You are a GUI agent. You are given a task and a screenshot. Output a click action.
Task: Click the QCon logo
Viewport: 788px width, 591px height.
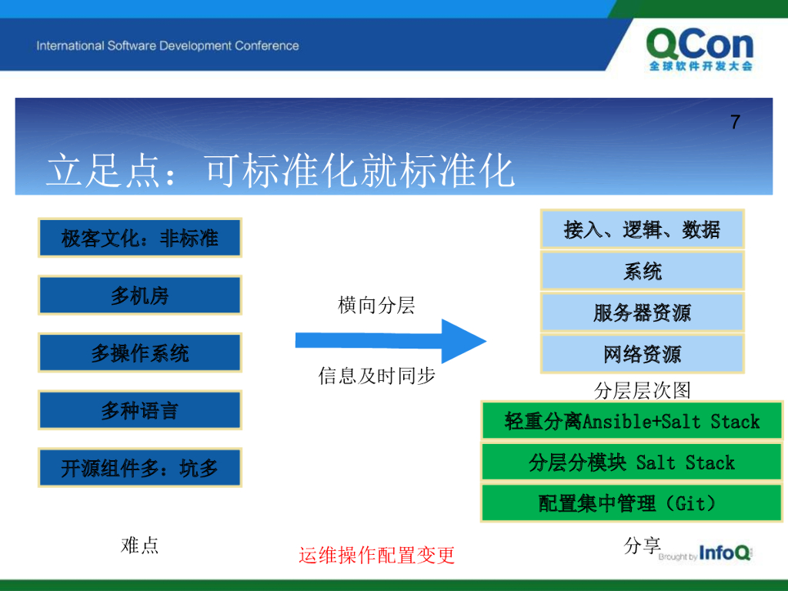coord(700,49)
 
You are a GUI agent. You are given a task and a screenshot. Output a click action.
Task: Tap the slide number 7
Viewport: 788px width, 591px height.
coord(735,122)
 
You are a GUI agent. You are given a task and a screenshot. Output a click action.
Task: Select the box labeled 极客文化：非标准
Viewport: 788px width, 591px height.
coord(140,238)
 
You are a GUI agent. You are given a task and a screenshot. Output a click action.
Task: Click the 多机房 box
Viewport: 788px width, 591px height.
coord(140,295)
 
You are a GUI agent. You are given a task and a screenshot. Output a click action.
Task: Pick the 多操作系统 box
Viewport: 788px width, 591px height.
coord(140,352)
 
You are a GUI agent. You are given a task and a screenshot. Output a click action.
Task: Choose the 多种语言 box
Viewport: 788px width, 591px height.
coord(140,410)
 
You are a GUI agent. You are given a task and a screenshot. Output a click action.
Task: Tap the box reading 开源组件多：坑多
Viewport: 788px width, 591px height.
coord(140,467)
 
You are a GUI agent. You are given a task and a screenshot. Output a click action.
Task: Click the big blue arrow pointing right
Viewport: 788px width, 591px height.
coord(390,341)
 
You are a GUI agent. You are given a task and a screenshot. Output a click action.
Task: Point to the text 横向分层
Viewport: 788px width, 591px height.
coord(376,305)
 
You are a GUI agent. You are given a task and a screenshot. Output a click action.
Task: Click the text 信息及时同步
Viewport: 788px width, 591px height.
coord(376,376)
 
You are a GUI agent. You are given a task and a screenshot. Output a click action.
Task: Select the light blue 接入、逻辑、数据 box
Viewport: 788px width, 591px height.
coord(643,229)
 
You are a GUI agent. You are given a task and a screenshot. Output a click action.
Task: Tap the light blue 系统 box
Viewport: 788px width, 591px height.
coord(643,271)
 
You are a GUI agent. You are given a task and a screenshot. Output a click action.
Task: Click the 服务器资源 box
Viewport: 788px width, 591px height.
coord(643,312)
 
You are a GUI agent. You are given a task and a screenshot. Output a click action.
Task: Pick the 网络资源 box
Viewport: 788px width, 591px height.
coord(643,354)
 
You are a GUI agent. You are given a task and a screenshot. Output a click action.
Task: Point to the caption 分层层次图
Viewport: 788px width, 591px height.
coord(643,390)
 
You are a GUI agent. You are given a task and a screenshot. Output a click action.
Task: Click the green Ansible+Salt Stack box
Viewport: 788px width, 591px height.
coord(632,421)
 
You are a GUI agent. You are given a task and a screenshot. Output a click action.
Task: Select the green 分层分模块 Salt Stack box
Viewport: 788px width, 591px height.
coord(632,462)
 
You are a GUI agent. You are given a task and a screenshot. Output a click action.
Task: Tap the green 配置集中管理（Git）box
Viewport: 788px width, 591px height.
coord(632,503)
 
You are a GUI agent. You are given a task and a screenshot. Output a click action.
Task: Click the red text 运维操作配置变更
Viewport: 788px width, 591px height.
coord(376,556)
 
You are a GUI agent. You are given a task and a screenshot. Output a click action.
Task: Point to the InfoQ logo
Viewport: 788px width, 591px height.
coord(725,553)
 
